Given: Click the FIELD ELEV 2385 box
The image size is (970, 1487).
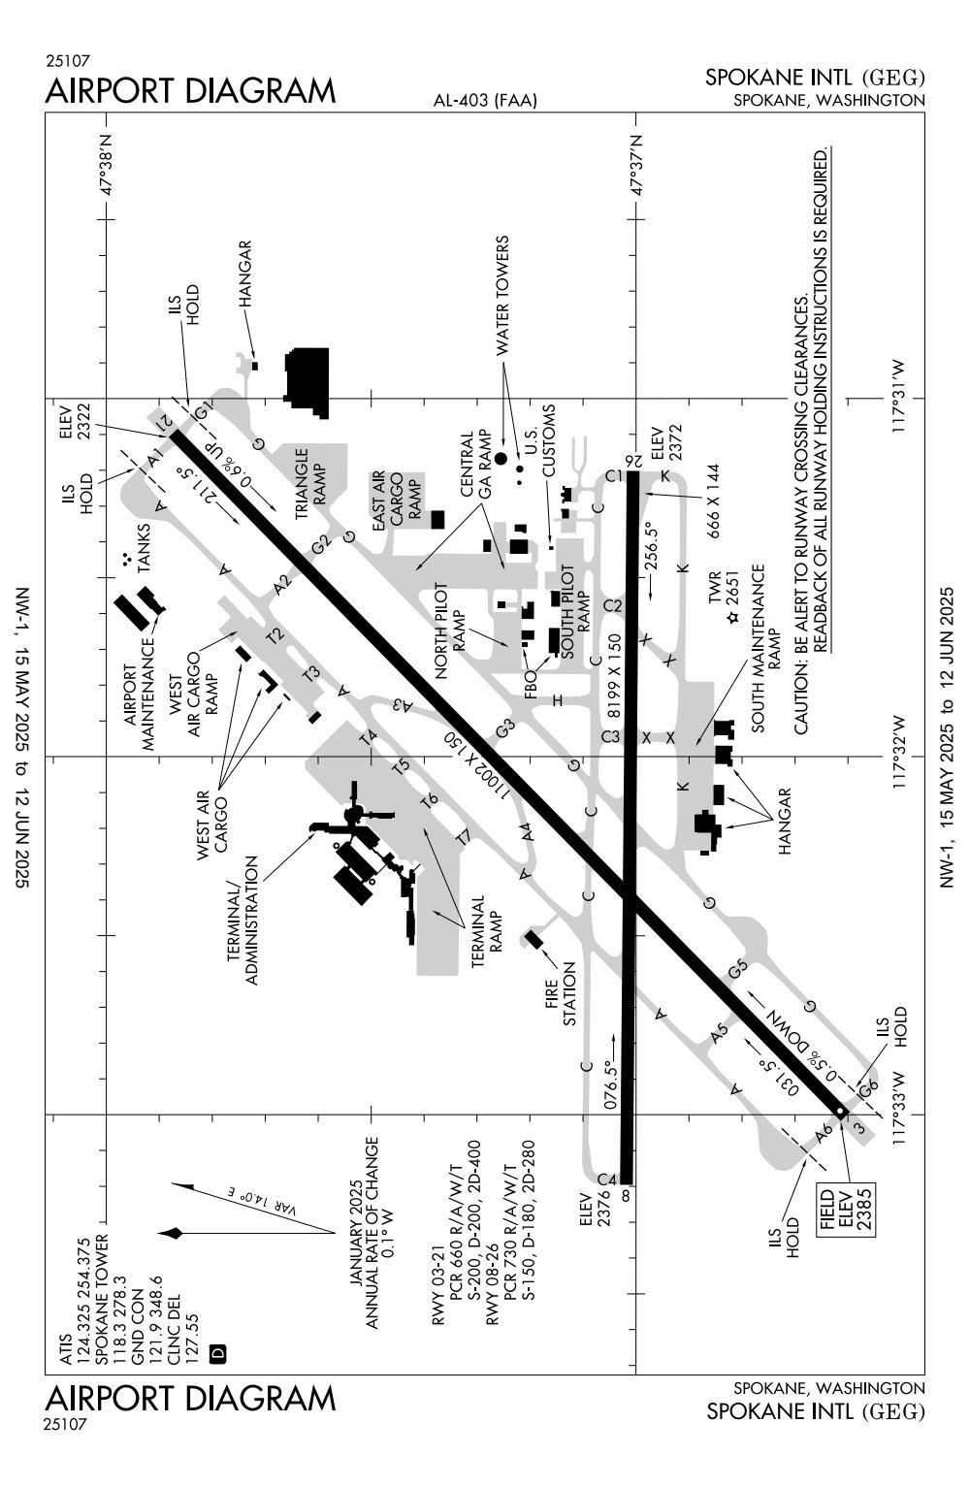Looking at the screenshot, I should coord(845,1207).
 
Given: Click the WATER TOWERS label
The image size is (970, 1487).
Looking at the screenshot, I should coord(502,294).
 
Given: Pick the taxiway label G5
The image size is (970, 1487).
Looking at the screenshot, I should coord(739,968).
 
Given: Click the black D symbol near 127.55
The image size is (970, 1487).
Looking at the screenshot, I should coord(216,1351).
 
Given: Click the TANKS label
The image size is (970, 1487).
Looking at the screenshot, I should coord(145,559).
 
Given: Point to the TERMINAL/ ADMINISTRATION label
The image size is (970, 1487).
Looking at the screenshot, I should coord(242,920).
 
